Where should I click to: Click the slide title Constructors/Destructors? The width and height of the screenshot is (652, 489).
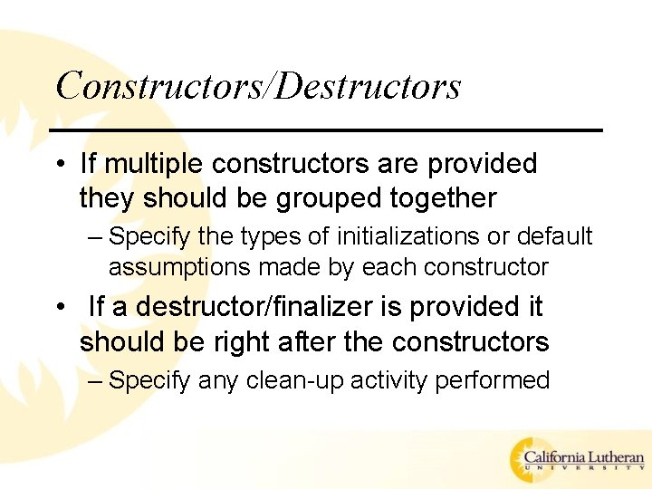coord(258,86)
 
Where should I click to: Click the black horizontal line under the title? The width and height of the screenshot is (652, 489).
coord(326,130)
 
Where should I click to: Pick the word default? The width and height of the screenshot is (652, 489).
coord(554,236)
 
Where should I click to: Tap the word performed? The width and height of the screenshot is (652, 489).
coord(493,380)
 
